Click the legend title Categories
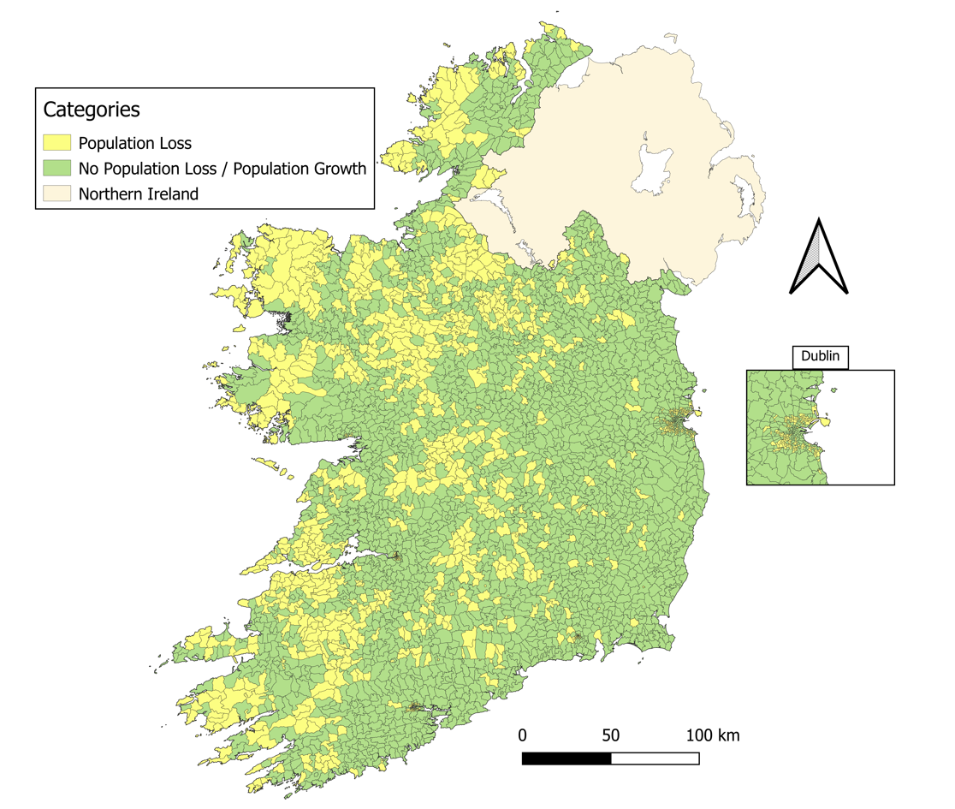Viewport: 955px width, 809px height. coord(92,110)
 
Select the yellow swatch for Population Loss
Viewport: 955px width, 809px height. coord(56,143)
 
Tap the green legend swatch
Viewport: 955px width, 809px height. coord(56,168)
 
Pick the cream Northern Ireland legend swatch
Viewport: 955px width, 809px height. coord(56,193)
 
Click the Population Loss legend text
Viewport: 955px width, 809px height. coord(134,143)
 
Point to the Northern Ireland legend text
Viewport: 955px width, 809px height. coord(138,193)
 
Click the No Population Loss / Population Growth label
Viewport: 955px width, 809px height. coord(222,168)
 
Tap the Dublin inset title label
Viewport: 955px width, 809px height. coord(820,357)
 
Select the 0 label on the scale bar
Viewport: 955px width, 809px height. coord(522,735)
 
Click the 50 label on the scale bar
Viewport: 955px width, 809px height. coord(610,735)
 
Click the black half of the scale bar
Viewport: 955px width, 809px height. coord(566,758)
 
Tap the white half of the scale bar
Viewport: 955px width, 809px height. coord(655,758)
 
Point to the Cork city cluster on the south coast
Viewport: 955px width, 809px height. coord(415,707)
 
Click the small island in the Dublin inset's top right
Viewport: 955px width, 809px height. coord(833,390)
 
